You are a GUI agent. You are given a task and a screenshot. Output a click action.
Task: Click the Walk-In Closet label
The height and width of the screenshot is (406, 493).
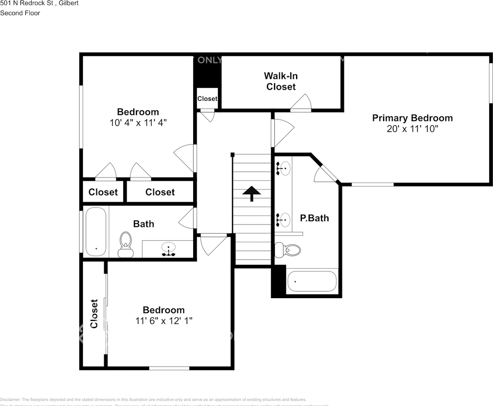281,81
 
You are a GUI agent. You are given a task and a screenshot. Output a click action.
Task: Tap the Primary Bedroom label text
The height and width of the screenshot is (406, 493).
412,118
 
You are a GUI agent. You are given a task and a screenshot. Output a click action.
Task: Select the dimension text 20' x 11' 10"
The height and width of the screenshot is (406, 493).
412,129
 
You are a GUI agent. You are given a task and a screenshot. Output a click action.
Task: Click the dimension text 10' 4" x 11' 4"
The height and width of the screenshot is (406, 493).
138,123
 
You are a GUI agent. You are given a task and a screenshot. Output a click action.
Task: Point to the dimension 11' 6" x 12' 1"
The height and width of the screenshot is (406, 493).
164,321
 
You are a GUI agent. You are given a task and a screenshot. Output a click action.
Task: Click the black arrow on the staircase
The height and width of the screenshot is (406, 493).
252,193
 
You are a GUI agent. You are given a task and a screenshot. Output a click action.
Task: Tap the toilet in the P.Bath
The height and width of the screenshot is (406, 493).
288,250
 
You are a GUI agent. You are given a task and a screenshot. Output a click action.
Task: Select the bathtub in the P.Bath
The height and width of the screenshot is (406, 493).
312,282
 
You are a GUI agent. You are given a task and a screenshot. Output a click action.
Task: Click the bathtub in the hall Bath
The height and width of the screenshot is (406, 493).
96,232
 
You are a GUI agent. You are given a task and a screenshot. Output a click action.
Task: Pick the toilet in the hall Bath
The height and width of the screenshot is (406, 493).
126,244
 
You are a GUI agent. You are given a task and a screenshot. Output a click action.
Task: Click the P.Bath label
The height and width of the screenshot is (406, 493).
314,218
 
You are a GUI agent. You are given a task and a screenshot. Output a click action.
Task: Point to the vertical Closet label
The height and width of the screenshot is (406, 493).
94,313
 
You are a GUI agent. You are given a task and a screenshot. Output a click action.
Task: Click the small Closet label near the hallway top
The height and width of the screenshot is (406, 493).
207,99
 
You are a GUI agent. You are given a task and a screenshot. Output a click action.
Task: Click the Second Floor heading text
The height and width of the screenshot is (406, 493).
20,13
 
